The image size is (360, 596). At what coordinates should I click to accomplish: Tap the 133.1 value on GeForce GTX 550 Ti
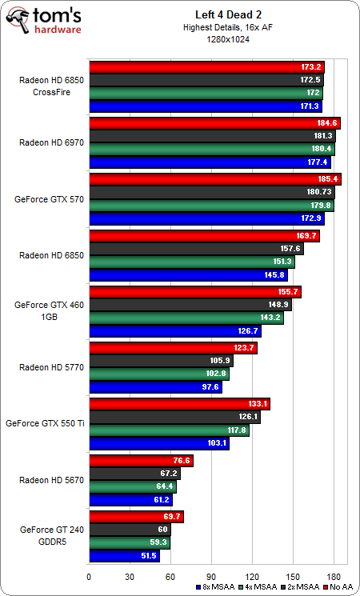(x=258, y=404)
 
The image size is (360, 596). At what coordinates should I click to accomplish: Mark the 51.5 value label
(x=147, y=554)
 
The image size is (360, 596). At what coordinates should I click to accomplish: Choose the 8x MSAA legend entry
(x=216, y=587)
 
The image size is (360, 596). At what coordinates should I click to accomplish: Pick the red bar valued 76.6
(x=141, y=461)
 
